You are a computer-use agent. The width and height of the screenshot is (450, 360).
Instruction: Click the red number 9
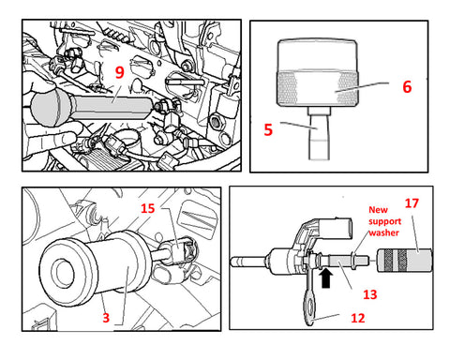point(120,72)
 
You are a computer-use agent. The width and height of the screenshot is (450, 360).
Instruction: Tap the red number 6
point(407,86)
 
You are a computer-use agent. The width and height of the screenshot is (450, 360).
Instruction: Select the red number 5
point(268,129)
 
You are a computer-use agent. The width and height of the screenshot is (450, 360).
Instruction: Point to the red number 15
point(147,208)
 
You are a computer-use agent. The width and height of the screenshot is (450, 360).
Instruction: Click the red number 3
point(106,318)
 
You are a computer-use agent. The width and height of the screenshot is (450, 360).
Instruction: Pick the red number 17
point(412,203)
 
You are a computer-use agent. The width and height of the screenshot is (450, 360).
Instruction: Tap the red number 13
point(370,294)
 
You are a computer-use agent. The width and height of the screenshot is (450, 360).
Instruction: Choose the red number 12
point(358,318)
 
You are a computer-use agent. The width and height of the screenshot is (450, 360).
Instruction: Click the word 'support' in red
point(384,221)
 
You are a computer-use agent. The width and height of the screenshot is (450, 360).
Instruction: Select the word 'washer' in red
point(383,232)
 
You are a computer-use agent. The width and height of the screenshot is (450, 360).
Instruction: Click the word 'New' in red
point(378,209)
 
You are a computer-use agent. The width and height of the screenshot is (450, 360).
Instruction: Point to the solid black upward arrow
point(325,278)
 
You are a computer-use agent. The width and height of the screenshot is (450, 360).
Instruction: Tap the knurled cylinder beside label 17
point(404,261)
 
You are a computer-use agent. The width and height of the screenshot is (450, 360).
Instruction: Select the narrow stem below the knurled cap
point(320,133)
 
